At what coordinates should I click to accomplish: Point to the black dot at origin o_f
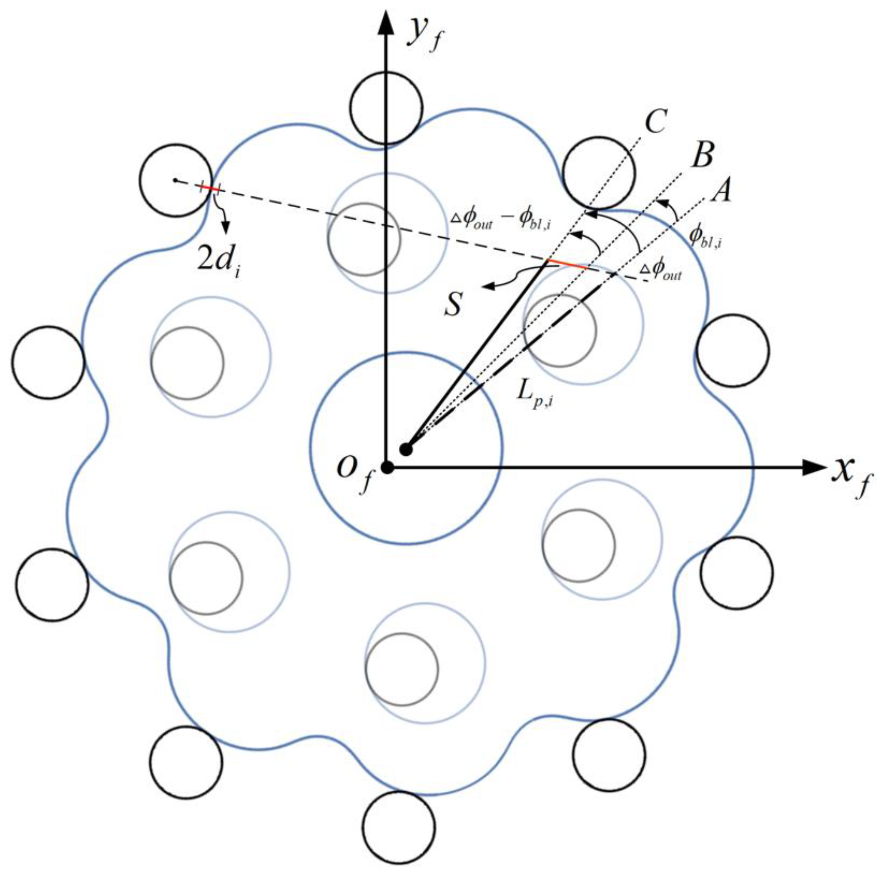(387, 468)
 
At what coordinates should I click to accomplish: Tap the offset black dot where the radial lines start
(406, 449)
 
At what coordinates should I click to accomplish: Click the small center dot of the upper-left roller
(175, 180)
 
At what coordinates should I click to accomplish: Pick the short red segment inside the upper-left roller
(210, 188)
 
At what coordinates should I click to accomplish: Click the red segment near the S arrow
(567, 264)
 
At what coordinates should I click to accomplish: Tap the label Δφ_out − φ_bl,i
(503, 222)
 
